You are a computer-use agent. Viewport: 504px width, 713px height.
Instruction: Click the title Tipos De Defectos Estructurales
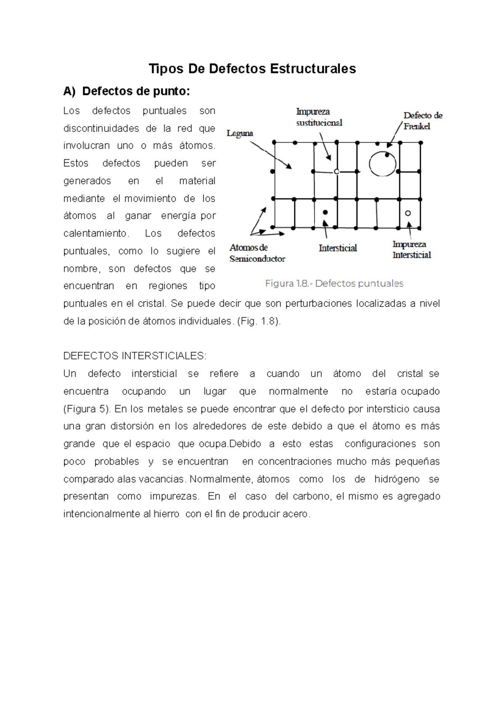252,68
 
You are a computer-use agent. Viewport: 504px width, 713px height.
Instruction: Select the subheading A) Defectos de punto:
126,91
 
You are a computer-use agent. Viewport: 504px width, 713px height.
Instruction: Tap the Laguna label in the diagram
240,133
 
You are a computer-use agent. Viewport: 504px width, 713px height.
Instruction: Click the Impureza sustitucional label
319,117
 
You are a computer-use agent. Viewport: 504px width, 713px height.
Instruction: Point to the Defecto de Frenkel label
422,121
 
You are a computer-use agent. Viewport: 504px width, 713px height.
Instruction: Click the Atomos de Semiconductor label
257,253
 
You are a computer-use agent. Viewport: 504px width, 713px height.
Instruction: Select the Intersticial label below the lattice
338,248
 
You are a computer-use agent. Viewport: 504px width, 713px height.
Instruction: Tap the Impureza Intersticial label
411,249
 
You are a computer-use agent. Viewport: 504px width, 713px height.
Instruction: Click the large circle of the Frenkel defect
383,164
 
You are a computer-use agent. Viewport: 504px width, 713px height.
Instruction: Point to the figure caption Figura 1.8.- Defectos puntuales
334,283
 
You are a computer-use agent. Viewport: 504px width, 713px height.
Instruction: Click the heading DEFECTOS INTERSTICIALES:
134,356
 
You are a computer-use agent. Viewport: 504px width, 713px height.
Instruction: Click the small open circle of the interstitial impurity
408,213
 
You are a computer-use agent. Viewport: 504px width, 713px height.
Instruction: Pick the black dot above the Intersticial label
325,212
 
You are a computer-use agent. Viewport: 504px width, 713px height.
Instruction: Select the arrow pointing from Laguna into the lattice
271,155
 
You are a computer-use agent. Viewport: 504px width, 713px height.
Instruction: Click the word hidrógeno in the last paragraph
396,479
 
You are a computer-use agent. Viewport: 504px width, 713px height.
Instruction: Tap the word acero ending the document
296,514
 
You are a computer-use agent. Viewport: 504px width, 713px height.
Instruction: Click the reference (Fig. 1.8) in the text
259,321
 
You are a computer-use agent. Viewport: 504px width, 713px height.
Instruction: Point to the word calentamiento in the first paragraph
95,233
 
